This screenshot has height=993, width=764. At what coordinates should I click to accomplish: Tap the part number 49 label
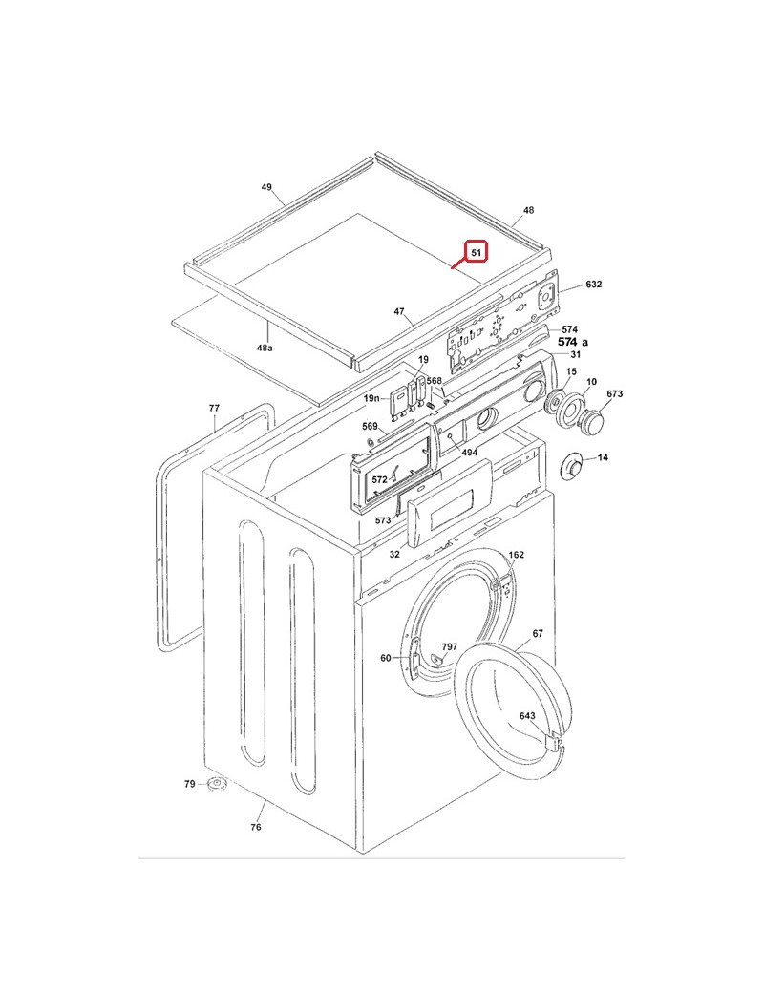(x=266, y=187)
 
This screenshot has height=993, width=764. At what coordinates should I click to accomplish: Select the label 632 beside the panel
(x=594, y=285)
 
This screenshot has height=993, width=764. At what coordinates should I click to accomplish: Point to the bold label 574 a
(x=573, y=342)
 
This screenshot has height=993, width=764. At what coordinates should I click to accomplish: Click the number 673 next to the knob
(x=614, y=393)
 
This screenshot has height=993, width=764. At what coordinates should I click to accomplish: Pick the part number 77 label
(x=214, y=409)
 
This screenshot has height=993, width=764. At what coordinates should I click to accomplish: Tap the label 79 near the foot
(x=189, y=784)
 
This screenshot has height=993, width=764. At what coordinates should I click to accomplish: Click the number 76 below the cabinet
(x=256, y=827)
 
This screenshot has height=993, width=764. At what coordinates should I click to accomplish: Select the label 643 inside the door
(x=527, y=715)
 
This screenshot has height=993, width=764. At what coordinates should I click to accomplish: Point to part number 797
(x=449, y=646)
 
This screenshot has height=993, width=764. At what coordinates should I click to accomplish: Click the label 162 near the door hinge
(x=516, y=555)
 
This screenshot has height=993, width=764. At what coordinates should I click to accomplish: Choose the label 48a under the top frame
(x=265, y=349)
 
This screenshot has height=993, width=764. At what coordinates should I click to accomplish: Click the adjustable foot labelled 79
(x=217, y=785)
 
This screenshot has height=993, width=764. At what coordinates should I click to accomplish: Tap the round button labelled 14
(x=575, y=465)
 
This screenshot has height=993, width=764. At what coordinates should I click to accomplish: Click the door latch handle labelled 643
(x=553, y=740)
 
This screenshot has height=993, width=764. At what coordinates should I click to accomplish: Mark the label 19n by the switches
(x=371, y=397)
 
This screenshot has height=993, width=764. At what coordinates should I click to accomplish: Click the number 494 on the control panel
(x=469, y=452)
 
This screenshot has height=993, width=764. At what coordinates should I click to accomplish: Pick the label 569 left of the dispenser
(x=370, y=426)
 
